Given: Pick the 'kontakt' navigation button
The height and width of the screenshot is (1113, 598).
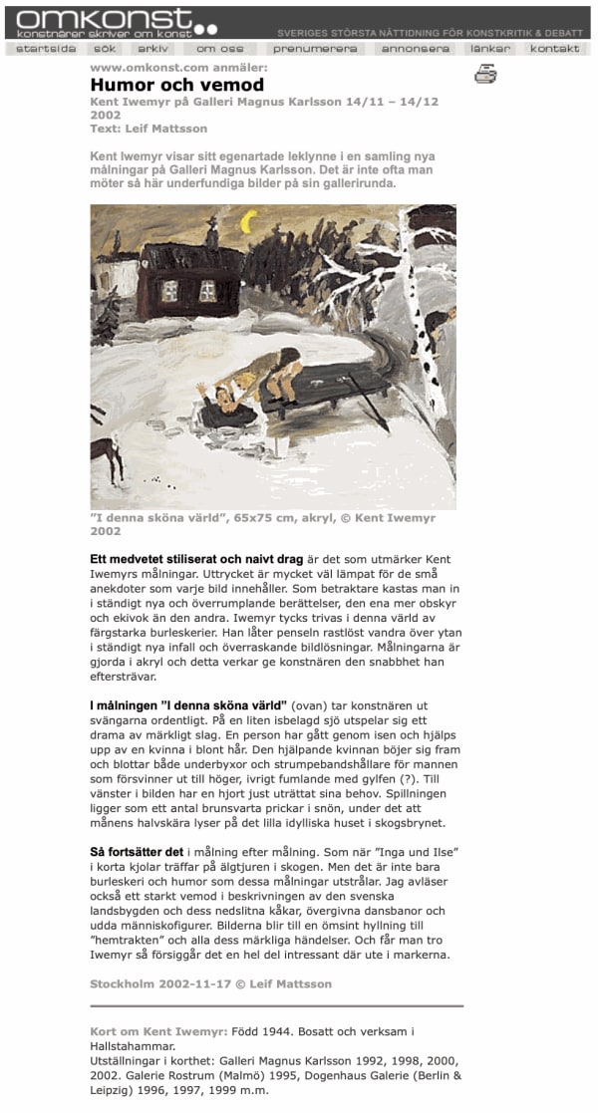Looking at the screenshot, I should pos(555,49).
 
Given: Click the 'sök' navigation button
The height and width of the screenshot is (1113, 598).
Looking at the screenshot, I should pos(104,49).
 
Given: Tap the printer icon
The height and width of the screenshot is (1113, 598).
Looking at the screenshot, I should pos(485,74).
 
